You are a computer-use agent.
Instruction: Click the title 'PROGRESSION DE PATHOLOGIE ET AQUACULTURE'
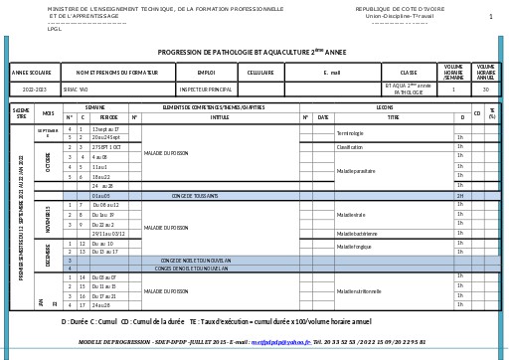coord(252,52)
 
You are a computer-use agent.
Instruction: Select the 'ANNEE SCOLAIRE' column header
coord(32,73)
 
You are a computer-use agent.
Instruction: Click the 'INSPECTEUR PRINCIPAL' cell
coord(206,90)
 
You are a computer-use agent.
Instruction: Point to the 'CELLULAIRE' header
coord(260,73)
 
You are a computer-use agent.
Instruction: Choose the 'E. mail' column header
coord(332,73)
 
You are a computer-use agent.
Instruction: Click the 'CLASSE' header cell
coord(409,73)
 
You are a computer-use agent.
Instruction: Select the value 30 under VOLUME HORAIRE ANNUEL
coord(485,90)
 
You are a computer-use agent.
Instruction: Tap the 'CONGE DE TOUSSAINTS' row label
coord(195,196)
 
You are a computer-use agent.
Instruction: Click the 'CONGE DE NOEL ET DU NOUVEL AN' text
coord(195,261)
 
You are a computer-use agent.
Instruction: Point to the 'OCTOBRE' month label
coord(49,162)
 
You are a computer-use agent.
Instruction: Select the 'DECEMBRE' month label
coord(49,255)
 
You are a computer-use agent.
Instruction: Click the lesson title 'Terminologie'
coord(350,133)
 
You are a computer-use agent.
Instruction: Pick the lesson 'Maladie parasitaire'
coord(356,171)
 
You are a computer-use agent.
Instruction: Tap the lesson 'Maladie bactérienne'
coord(357,234)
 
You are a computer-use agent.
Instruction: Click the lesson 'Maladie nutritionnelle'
coord(359,291)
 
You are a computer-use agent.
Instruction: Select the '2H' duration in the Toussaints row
coord(460,196)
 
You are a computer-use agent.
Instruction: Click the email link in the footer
coord(280,342)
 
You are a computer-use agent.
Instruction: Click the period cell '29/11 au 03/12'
coord(108,234)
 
